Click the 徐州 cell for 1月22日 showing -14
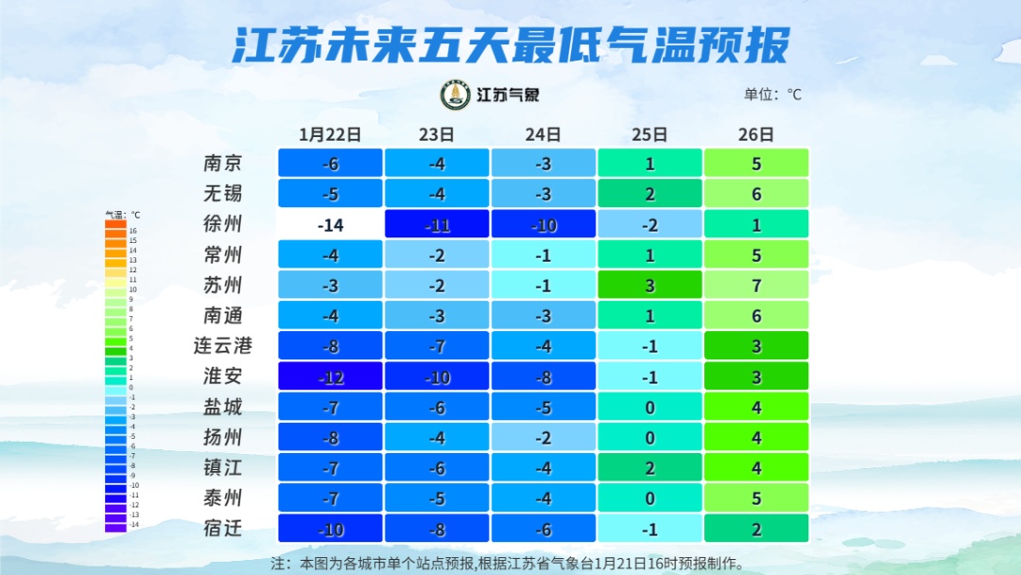click(x=330, y=224)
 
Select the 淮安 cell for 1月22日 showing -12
click(x=330, y=376)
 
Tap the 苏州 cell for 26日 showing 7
click(x=756, y=285)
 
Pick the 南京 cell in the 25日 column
click(x=649, y=163)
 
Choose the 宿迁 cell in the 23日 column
click(x=437, y=528)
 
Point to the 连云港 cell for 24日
click(x=543, y=345)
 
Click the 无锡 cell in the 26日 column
click(x=756, y=193)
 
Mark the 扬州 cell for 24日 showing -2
click(x=543, y=437)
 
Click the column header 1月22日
click(x=330, y=134)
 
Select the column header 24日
click(x=543, y=134)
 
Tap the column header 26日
click(x=756, y=134)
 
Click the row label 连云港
click(x=223, y=345)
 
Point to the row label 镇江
click(x=223, y=467)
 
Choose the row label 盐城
click(x=223, y=407)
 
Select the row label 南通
click(x=223, y=315)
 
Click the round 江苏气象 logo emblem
click(x=456, y=95)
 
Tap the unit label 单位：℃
click(x=772, y=95)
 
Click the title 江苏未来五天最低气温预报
click(x=510, y=44)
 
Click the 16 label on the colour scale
click(x=133, y=230)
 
